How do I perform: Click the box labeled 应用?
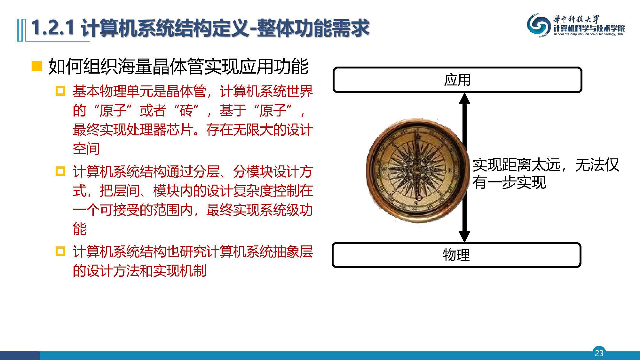coord(457,80)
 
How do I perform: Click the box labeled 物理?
coord(456,255)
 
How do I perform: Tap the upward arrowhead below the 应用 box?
coord(464,99)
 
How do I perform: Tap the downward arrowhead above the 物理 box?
coord(464,236)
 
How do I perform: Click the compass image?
coord(416,170)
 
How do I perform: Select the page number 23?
coord(599,353)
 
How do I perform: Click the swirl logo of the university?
coord(539,25)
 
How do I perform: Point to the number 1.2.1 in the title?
coord(53,28)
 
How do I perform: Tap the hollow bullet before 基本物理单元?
coord(60,91)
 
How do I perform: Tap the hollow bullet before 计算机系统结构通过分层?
coord(60,171)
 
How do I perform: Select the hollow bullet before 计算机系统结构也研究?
coord(60,251)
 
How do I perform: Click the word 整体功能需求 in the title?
coord(313,28)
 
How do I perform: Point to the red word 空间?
coord(86,149)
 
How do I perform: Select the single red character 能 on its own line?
coord(80,229)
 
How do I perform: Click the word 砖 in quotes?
coord(186,111)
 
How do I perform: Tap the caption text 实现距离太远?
coord(517,165)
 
